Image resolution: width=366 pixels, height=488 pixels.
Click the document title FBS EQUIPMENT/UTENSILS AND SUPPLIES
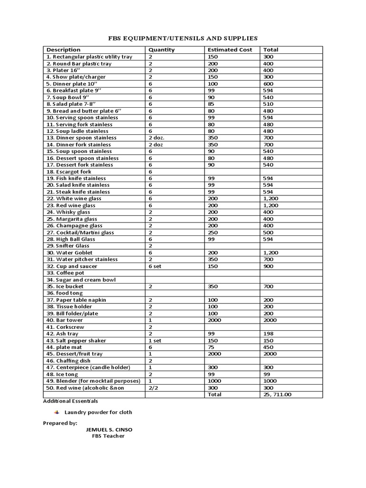pos(183,38)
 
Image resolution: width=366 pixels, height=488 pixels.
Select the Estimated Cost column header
pos(230,50)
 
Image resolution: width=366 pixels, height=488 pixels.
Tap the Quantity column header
pos(162,50)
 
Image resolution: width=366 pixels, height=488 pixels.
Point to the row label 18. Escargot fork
pos(69,172)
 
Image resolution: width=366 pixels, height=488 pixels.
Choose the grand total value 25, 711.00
pos(277,395)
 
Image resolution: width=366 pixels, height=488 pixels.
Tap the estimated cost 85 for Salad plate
pos(212,104)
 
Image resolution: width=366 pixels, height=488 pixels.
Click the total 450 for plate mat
pos(268,347)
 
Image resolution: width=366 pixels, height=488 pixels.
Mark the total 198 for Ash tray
pos(268,334)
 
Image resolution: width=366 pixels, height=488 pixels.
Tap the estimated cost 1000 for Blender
pos(215,381)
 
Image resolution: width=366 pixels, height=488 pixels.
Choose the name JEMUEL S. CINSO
pos(109,429)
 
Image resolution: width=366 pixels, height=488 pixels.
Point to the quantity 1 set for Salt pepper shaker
pos(155,341)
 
